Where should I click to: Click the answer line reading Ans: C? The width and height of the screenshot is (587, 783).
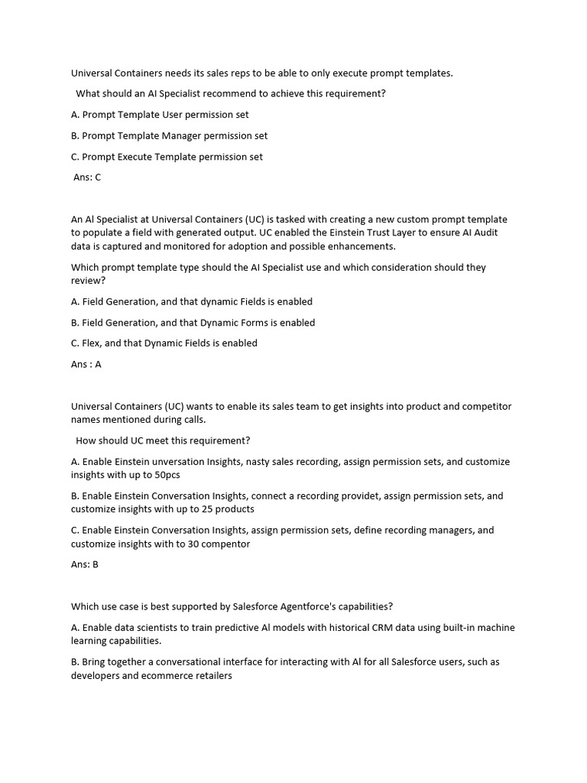pyautogui.click(x=86, y=177)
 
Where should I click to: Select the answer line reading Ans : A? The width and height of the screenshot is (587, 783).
pyautogui.click(x=86, y=365)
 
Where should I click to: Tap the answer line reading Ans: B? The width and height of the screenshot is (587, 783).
pyautogui.click(x=85, y=565)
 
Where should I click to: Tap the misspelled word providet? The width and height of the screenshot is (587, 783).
pyautogui.click(x=360, y=496)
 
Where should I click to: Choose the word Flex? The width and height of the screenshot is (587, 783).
pyautogui.click(x=92, y=343)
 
